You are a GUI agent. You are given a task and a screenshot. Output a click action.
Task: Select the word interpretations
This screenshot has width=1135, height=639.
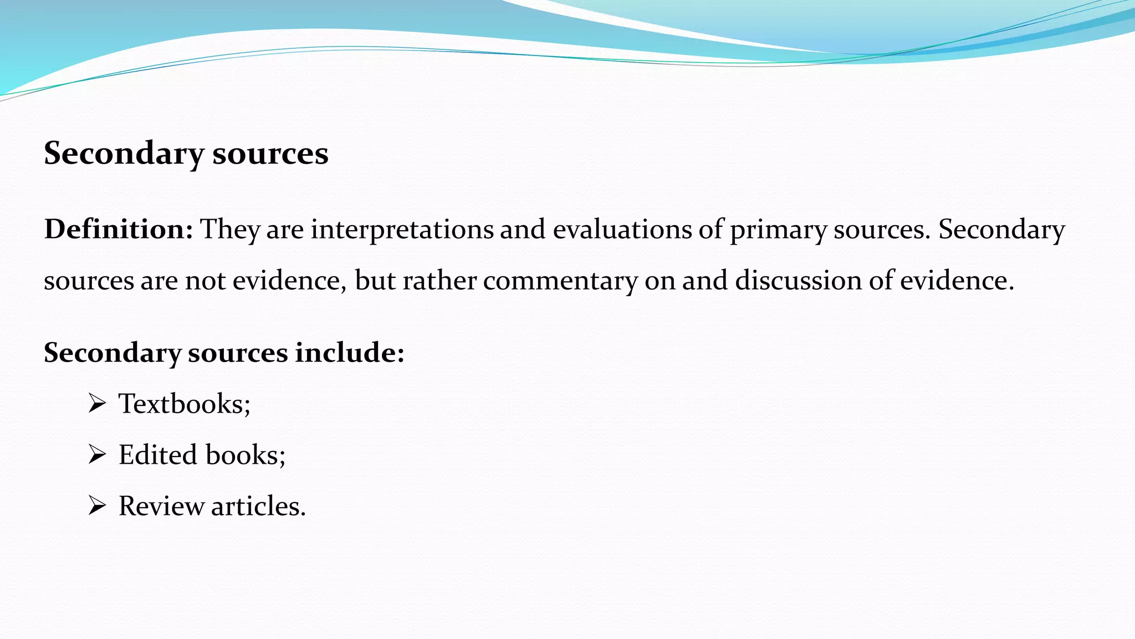pos(402,230)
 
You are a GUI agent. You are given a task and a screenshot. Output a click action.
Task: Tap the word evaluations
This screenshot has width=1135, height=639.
pos(622,230)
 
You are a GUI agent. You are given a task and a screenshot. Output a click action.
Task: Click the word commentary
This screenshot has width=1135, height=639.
pos(560,281)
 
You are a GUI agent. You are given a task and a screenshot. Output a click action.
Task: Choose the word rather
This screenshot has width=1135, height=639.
pos(439,280)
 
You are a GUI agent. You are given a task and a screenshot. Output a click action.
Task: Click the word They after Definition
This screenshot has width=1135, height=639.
pos(229,230)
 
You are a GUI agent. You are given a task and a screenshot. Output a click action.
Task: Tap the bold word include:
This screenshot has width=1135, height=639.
pos(350,352)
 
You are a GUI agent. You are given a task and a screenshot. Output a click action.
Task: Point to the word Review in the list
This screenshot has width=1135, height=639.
pos(161,506)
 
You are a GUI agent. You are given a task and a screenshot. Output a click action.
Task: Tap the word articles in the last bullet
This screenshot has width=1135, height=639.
pos(258,506)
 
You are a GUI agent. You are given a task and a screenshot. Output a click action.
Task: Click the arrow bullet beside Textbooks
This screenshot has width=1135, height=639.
pos(97,403)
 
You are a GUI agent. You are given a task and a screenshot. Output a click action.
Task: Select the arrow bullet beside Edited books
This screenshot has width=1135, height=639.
pos(97,455)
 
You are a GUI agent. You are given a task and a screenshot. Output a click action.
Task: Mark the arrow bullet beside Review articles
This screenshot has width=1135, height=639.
pos(97,506)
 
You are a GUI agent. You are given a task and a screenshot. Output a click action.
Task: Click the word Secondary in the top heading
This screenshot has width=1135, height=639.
pos(124,154)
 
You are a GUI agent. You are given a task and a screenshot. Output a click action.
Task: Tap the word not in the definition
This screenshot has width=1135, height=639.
pos(205,281)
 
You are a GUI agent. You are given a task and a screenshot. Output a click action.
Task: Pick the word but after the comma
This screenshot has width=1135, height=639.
pos(375,280)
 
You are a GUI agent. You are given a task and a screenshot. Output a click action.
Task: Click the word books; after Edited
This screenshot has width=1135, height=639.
pos(246,455)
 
